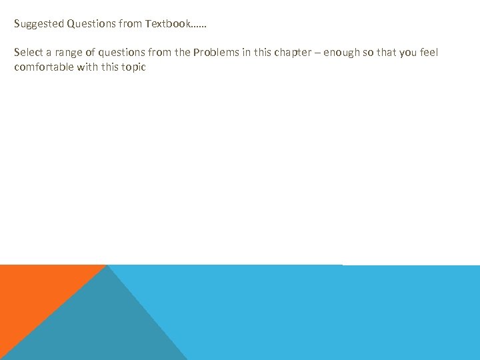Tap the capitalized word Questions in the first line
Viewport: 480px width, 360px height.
point(91,24)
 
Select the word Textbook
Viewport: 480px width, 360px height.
point(167,24)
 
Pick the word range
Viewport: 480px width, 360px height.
point(68,53)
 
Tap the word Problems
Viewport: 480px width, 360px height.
point(214,53)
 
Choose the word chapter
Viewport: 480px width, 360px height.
point(291,53)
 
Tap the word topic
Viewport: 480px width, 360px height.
point(133,68)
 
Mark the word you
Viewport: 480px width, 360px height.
point(407,53)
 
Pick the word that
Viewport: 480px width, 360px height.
point(385,53)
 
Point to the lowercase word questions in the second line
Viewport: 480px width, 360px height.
point(119,53)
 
